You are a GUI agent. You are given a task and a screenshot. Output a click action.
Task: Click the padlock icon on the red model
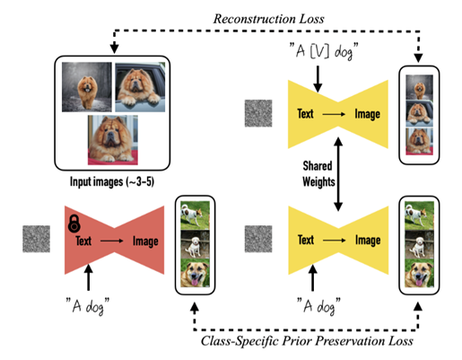74,224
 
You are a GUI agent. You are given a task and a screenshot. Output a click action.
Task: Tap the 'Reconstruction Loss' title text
268,19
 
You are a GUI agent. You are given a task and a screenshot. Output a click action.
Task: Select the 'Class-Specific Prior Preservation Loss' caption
307,341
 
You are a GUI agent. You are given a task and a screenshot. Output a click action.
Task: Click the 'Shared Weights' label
318,174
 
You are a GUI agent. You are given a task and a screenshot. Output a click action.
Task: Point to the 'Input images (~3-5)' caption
112,181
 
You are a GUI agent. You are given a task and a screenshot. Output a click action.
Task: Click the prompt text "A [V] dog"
324,51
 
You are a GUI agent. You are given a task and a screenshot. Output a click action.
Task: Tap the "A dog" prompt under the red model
87,305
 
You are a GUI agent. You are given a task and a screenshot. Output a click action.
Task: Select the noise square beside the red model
36,239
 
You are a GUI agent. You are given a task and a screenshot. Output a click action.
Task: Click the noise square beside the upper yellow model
258,113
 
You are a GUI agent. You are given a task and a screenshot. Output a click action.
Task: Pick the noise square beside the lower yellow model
258,239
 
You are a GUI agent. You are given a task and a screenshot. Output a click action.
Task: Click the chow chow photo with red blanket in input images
113,140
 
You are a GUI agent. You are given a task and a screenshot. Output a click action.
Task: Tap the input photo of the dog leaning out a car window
140,87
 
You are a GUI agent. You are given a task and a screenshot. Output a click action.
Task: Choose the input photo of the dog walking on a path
87,87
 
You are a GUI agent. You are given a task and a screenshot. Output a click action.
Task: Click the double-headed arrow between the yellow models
338,174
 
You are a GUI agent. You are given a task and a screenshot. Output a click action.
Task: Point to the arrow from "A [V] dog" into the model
318,79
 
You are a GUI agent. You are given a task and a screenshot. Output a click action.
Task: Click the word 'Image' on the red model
145,241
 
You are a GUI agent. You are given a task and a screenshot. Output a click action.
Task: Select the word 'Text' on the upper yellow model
305,114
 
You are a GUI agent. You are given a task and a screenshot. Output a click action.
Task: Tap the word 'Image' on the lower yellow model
368,240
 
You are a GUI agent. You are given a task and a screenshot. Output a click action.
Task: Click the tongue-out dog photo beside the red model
196,273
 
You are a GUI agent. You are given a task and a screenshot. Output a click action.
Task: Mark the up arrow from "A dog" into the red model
88,277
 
